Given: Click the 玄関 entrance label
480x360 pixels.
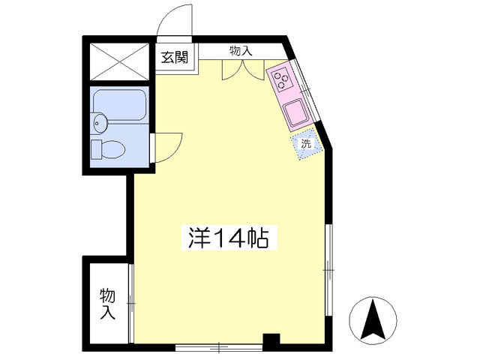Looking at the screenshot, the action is point(175,57).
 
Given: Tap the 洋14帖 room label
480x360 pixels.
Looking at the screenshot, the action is point(229,238).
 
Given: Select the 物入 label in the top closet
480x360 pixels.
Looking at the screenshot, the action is point(241,51).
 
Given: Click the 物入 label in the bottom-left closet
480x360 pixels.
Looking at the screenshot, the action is point(107,304).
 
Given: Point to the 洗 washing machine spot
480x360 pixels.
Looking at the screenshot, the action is point(307,143).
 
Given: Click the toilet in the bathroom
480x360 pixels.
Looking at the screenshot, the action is point(108,149).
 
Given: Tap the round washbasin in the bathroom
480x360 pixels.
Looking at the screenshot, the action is point(98,123).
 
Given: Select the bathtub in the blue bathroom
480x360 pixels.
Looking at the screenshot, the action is point(119,105).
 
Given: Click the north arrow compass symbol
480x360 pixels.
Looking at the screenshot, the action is point(373,320).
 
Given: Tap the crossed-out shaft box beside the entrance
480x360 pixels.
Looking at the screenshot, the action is point(119,61).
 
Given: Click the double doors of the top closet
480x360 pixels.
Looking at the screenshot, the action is point(243,70).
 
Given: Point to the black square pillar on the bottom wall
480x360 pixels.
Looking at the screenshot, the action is point(271,339).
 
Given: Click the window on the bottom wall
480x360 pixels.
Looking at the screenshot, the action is point(219,347).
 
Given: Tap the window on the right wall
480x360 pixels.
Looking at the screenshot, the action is point(328,270).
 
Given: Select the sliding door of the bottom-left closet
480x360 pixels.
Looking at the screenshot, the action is point(131,303).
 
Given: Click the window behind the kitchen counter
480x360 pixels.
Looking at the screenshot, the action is point(305,90).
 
